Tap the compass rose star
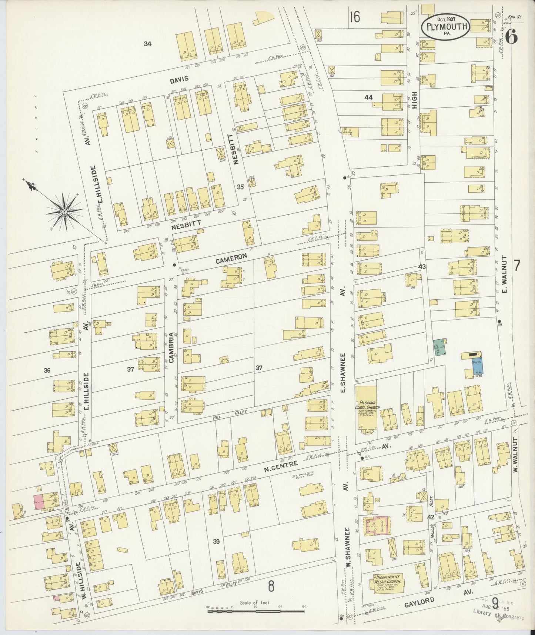(x=64, y=212)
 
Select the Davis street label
(x=179, y=79)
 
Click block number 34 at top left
(x=148, y=44)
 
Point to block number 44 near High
(x=368, y=97)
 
